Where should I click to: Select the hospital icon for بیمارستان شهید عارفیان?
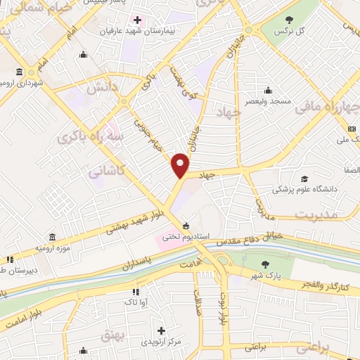(137, 20)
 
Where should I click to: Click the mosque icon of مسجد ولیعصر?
(268, 90)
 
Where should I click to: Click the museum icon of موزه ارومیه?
(53, 237)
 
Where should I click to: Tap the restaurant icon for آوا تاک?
(134, 291)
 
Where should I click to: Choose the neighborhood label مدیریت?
(314, 213)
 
